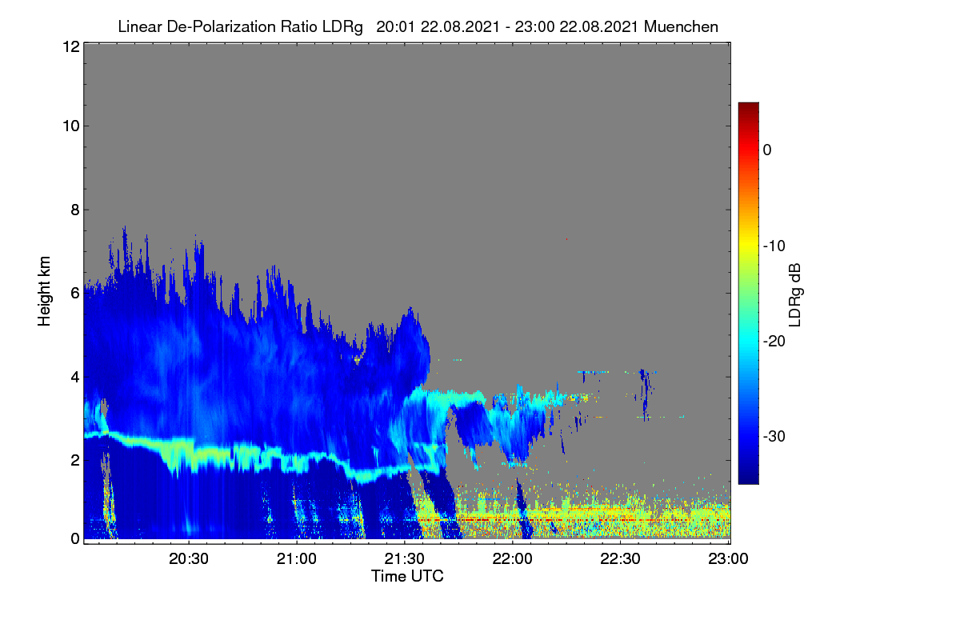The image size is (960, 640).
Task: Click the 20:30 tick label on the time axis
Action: (x=189, y=559)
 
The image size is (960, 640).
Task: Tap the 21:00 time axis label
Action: (x=297, y=559)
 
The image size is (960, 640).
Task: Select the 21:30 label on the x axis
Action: (x=404, y=559)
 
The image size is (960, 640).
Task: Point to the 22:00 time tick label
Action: (x=512, y=559)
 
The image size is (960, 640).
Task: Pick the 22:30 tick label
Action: (x=620, y=559)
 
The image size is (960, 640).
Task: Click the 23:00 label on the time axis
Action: (x=728, y=559)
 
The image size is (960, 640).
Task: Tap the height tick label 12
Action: (x=71, y=46)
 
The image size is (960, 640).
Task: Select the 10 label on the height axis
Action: (x=71, y=126)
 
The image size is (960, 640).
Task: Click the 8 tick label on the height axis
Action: (x=75, y=210)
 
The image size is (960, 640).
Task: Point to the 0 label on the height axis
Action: (x=75, y=539)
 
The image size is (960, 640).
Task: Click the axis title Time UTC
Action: (x=407, y=576)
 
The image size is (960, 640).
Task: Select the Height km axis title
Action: (x=44, y=291)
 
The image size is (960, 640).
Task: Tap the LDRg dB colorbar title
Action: (x=794, y=295)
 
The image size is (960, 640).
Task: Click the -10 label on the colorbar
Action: (x=774, y=246)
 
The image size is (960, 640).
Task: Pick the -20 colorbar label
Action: (x=774, y=342)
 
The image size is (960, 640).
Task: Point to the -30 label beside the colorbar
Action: (x=774, y=436)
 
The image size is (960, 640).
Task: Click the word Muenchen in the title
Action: (x=681, y=27)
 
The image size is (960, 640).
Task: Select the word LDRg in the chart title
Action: (x=342, y=27)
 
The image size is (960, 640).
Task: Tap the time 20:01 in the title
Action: (x=395, y=27)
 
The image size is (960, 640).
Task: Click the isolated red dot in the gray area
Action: (x=566, y=239)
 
